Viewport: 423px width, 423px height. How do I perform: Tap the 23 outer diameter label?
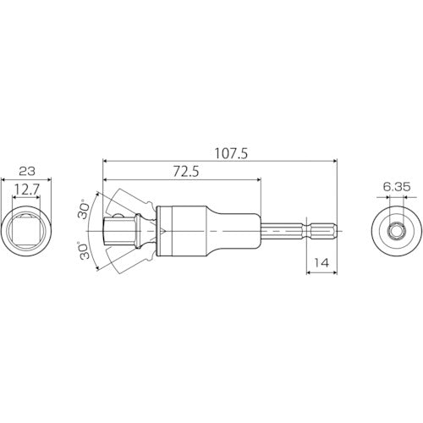26,170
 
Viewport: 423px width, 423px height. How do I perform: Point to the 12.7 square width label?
26,190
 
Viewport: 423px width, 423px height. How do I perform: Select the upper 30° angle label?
84,211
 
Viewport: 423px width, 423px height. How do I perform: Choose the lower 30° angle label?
84,251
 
